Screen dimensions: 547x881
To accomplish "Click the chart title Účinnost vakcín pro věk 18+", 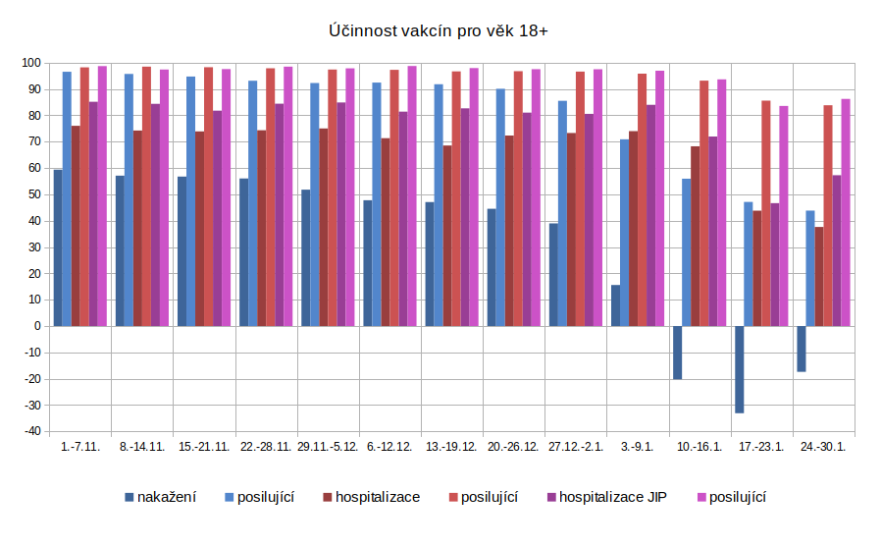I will (439, 31).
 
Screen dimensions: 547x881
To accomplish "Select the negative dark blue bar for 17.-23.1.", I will (739, 369).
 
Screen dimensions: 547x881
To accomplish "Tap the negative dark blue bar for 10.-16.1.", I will (677, 353).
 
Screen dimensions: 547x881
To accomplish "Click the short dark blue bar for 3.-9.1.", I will (615, 305).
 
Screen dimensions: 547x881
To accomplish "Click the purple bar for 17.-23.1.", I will (775, 264).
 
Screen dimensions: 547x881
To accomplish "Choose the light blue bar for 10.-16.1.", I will (687, 252).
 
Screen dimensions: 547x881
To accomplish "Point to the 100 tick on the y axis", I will (32, 63).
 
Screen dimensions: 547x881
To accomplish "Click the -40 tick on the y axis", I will (32, 431).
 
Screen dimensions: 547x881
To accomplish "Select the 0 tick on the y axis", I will (37, 326).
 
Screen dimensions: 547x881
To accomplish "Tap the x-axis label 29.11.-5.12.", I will (328, 447).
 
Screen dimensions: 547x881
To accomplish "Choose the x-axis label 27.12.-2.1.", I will (575, 447).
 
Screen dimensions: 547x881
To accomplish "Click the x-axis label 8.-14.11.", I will (142, 447).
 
